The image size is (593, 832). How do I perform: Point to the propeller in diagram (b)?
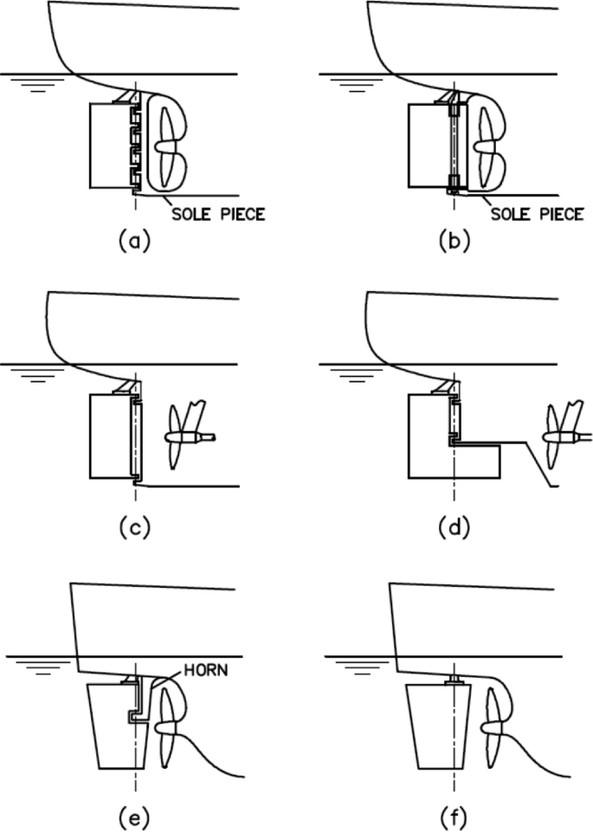[x=484, y=144]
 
